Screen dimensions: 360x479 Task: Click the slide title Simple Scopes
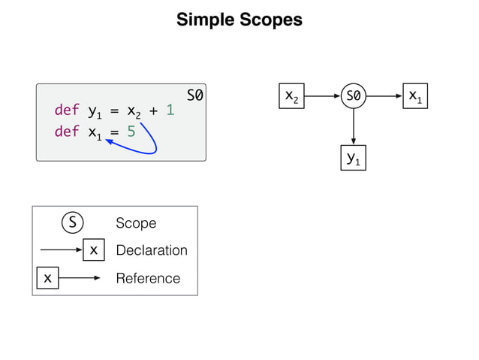coord(239,20)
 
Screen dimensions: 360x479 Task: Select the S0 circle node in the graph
coord(352,96)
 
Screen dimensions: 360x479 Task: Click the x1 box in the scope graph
coord(414,96)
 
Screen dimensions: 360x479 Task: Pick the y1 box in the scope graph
coord(353,158)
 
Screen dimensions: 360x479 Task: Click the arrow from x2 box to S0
coord(321,96)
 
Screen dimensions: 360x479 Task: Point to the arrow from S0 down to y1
coord(353,128)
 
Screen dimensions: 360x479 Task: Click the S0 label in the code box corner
coord(195,95)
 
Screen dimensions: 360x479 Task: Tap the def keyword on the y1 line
coord(66,111)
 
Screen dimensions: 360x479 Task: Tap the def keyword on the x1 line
coord(66,133)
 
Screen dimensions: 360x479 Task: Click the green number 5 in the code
coord(131,133)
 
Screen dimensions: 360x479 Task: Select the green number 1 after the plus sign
coord(170,111)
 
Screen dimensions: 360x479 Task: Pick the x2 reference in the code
coord(134,112)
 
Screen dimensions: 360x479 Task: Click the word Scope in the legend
coord(136,223)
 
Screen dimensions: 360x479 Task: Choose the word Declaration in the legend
coord(152,250)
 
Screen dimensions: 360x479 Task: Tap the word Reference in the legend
coord(148,278)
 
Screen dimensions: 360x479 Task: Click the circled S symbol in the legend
coord(71,223)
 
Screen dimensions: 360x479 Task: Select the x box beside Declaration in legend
coord(92,250)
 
